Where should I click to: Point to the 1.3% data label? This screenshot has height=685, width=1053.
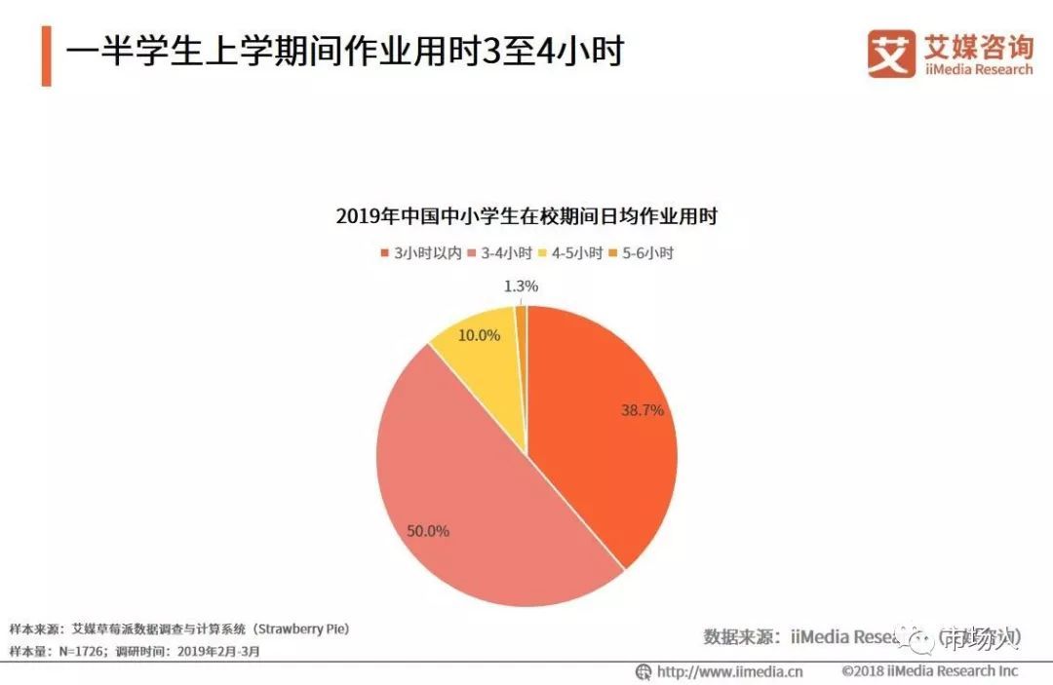(x=522, y=285)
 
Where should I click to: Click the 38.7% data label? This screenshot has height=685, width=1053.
(x=643, y=410)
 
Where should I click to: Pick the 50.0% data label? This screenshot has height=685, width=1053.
(x=428, y=531)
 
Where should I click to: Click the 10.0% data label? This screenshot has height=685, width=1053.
(x=479, y=335)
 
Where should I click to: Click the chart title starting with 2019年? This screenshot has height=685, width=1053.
(x=526, y=216)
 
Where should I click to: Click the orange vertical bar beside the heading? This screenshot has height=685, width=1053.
(x=46, y=56)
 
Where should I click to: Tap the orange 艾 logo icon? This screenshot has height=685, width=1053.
(x=891, y=54)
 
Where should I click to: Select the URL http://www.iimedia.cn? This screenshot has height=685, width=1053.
(x=728, y=671)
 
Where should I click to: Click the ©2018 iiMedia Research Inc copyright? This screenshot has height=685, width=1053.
(x=930, y=671)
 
